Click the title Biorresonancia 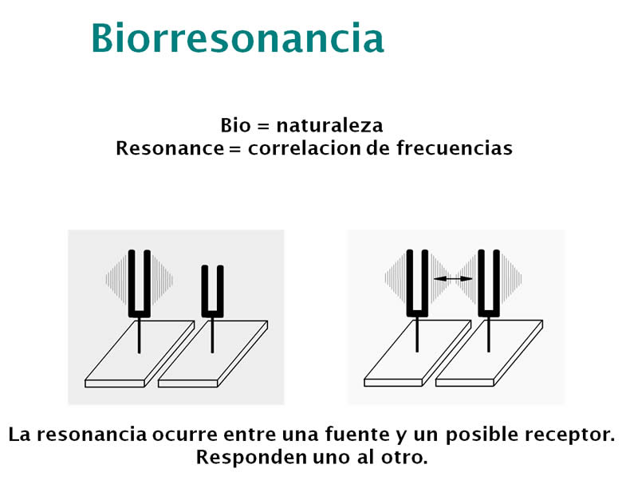click(x=238, y=37)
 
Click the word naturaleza click(x=329, y=125)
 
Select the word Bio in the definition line click(x=235, y=125)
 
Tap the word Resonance click(x=170, y=148)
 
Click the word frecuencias click(x=455, y=148)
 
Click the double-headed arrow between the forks click(x=453, y=279)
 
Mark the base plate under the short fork click(x=213, y=354)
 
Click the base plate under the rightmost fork click(x=489, y=353)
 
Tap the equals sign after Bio click(x=263, y=126)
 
